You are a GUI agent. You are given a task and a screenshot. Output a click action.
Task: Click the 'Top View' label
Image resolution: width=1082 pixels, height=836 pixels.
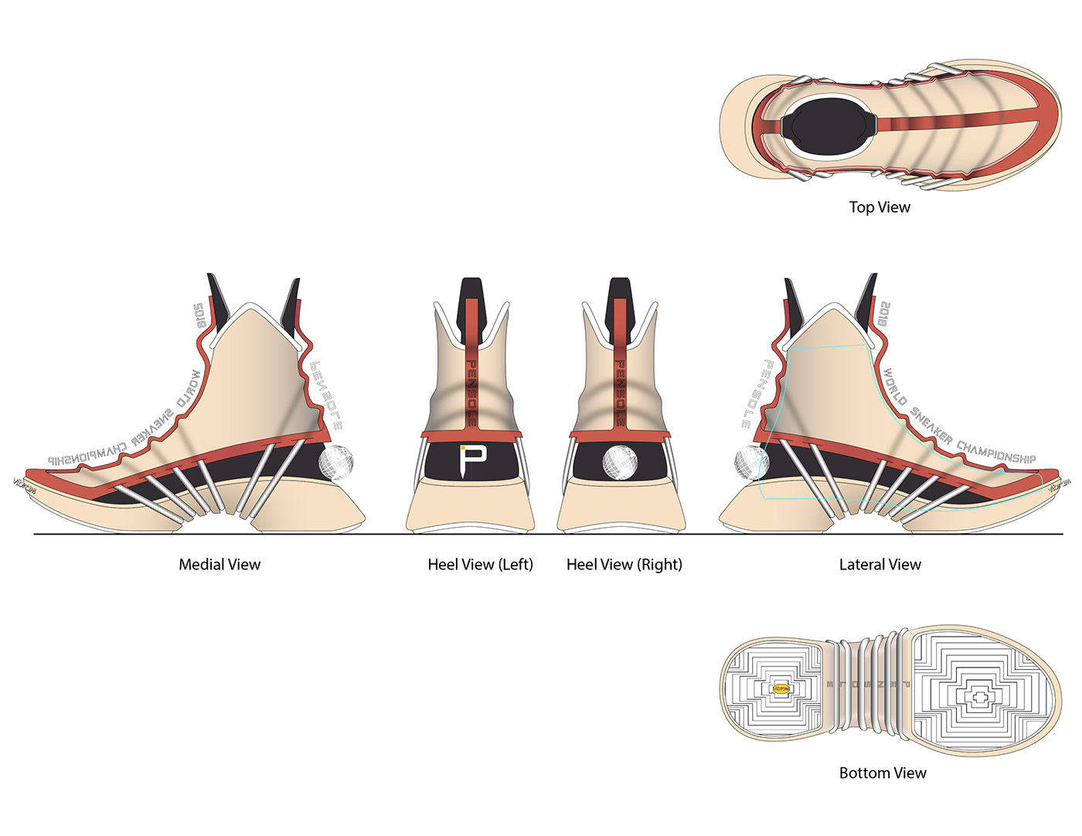click(880, 207)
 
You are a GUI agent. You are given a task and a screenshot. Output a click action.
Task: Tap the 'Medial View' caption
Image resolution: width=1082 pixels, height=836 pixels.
click(219, 565)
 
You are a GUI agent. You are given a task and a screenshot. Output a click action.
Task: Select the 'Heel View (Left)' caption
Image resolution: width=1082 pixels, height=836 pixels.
click(480, 565)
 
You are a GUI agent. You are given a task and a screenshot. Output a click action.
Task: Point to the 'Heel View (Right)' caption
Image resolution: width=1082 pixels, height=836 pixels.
click(624, 565)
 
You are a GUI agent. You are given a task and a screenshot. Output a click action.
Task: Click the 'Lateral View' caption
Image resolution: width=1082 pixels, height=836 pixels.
click(880, 565)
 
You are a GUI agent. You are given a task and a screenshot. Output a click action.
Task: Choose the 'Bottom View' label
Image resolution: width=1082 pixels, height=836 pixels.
click(883, 773)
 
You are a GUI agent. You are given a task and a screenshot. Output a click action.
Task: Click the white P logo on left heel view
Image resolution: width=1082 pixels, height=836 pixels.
click(471, 460)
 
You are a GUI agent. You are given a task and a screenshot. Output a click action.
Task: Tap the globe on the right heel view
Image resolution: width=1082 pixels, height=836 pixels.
click(618, 461)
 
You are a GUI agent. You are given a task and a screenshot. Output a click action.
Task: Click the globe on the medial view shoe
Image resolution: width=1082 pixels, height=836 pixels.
click(336, 463)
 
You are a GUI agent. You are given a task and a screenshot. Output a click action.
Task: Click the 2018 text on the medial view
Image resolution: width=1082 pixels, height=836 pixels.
click(199, 316)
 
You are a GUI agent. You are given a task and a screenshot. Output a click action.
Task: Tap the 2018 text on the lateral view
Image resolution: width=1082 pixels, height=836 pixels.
click(884, 314)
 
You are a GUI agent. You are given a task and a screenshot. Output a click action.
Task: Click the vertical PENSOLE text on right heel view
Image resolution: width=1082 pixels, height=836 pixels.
click(620, 393)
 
